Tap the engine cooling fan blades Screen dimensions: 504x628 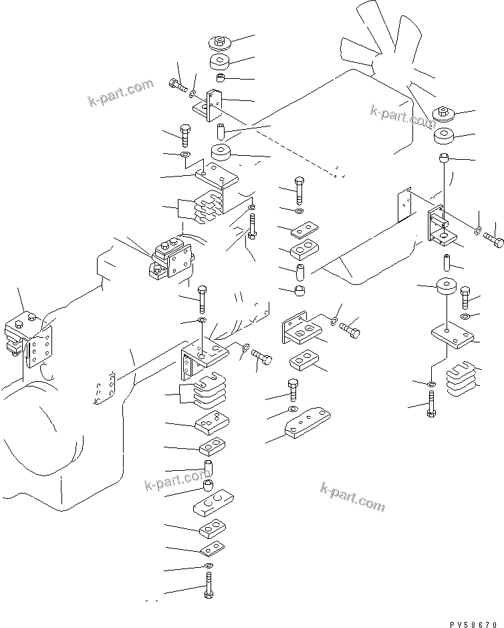click(384, 44)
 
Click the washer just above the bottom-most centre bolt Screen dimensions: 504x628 click(208, 565)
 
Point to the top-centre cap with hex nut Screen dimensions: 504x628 click(219, 42)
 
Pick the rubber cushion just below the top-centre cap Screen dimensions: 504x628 click(219, 62)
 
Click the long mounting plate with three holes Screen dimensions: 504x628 click(307, 423)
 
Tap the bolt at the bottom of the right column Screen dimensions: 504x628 click(430, 405)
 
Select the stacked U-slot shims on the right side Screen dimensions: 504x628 click(461, 379)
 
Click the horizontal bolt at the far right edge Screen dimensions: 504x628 click(493, 239)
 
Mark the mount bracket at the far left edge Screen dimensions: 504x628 click(29, 340)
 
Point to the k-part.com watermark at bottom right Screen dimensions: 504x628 click(353, 497)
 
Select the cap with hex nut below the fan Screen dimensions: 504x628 click(444, 114)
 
